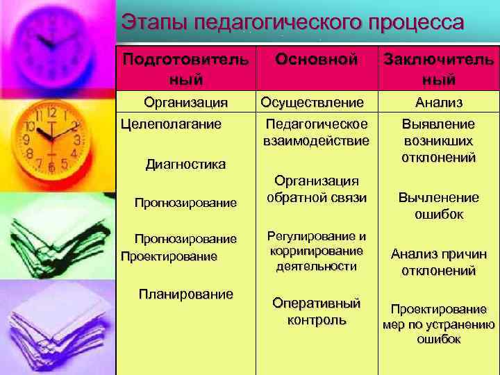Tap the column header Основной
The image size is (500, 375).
[x=316, y=60]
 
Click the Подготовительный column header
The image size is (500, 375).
[x=185, y=69]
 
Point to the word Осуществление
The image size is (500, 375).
[x=312, y=103]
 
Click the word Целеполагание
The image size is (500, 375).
[x=172, y=124]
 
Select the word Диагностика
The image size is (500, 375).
[x=185, y=165]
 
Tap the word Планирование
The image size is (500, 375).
[x=185, y=294]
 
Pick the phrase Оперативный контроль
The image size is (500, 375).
[x=317, y=312]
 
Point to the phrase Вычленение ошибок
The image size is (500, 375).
[x=439, y=206]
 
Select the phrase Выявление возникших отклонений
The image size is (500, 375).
[x=439, y=140]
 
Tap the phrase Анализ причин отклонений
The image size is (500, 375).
[x=439, y=262]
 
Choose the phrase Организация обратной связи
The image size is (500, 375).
[x=317, y=189]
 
